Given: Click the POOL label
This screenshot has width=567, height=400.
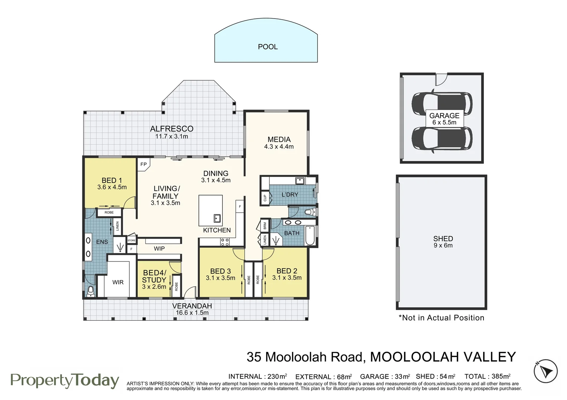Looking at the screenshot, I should tap(268, 47).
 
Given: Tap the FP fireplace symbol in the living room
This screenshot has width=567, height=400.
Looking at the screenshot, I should tap(143, 164).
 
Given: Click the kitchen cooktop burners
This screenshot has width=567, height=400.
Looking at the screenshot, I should tap(225, 242).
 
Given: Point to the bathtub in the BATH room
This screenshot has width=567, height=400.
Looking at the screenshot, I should tap(310, 235).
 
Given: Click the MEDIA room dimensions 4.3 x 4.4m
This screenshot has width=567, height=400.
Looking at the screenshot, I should tap(279, 147).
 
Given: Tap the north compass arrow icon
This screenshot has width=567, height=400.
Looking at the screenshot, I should tap(545, 371).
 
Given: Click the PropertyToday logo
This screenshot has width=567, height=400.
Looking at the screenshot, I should tap(65, 381).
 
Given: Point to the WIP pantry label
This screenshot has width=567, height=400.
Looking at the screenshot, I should tap(159, 249).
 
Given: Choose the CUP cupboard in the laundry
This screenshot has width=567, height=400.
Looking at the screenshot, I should tap(265, 198).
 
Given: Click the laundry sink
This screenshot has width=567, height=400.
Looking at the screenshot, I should tap(300, 181).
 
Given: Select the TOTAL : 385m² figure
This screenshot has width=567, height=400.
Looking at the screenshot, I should tap(487, 377).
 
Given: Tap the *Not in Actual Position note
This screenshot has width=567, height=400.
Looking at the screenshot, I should tap(441, 318).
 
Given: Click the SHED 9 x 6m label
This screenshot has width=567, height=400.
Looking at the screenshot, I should tap(443, 242).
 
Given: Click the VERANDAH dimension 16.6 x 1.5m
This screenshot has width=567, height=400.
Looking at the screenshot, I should tap(192, 313).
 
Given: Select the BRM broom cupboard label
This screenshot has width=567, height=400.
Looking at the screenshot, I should tap(265, 226).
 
